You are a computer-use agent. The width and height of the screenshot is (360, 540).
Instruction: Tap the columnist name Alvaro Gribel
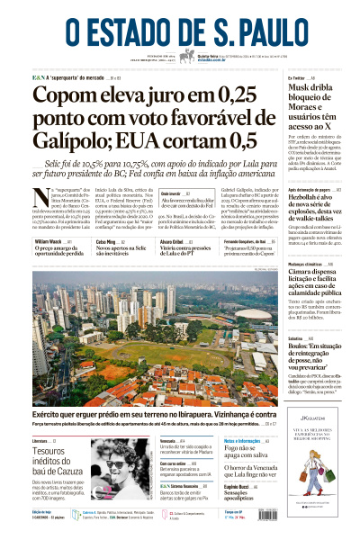click(171, 242)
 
